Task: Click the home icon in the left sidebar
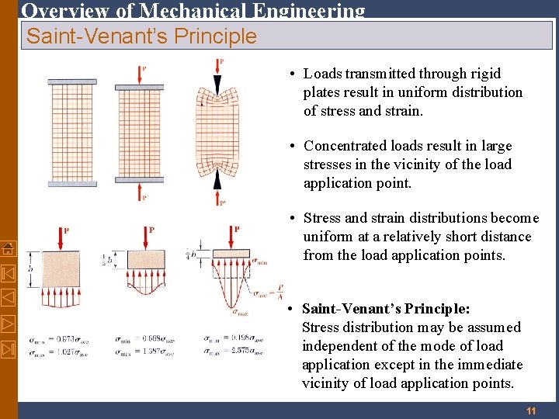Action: pyautogui.click(x=8, y=248)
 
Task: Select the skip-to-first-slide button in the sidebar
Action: pyautogui.click(x=8, y=273)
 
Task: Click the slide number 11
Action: pyautogui.click(x=531, y=410)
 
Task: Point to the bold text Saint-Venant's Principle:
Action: pyautogui.click(x=385, y=309)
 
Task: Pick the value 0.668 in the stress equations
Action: pyautogui.click(x=148, y=339)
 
